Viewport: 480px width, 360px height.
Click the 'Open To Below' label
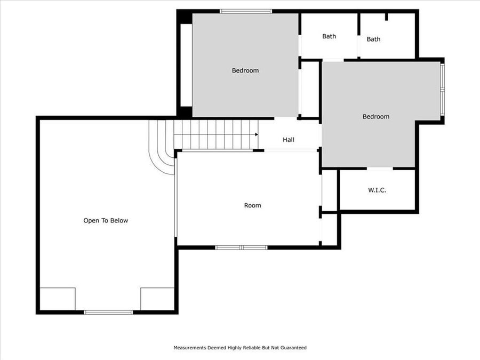pos(106,220)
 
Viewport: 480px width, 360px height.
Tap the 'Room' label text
pos(252,205)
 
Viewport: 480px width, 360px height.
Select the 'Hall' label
pos(289,140)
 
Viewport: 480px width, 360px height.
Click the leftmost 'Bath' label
pos(329,36)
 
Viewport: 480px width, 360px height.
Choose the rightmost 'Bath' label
pos(373,39)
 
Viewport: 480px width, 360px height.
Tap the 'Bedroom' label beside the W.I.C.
pos(375,116)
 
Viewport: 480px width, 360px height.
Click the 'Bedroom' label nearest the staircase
pos(245,70)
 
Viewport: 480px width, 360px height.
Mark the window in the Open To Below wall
pos(108,312)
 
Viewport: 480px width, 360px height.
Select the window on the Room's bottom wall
pos(241,247)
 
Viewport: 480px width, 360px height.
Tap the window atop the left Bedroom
pos(246,11)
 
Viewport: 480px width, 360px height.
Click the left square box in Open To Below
pos(58,299)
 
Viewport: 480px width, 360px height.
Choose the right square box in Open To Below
pos(157,299)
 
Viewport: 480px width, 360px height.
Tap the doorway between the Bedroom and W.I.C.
pos(380,169)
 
